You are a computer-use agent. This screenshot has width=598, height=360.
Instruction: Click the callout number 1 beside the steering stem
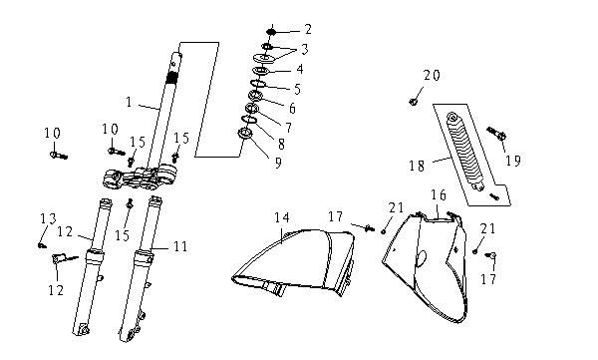129,102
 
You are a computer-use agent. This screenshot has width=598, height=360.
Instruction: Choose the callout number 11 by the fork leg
179,243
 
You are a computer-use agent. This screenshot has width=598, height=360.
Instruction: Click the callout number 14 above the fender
282,216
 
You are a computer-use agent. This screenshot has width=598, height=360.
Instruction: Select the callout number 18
416,165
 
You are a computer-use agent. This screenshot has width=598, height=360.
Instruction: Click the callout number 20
431,76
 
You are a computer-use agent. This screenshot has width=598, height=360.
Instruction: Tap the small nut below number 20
413,101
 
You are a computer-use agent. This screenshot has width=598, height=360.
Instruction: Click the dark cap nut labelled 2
270,29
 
